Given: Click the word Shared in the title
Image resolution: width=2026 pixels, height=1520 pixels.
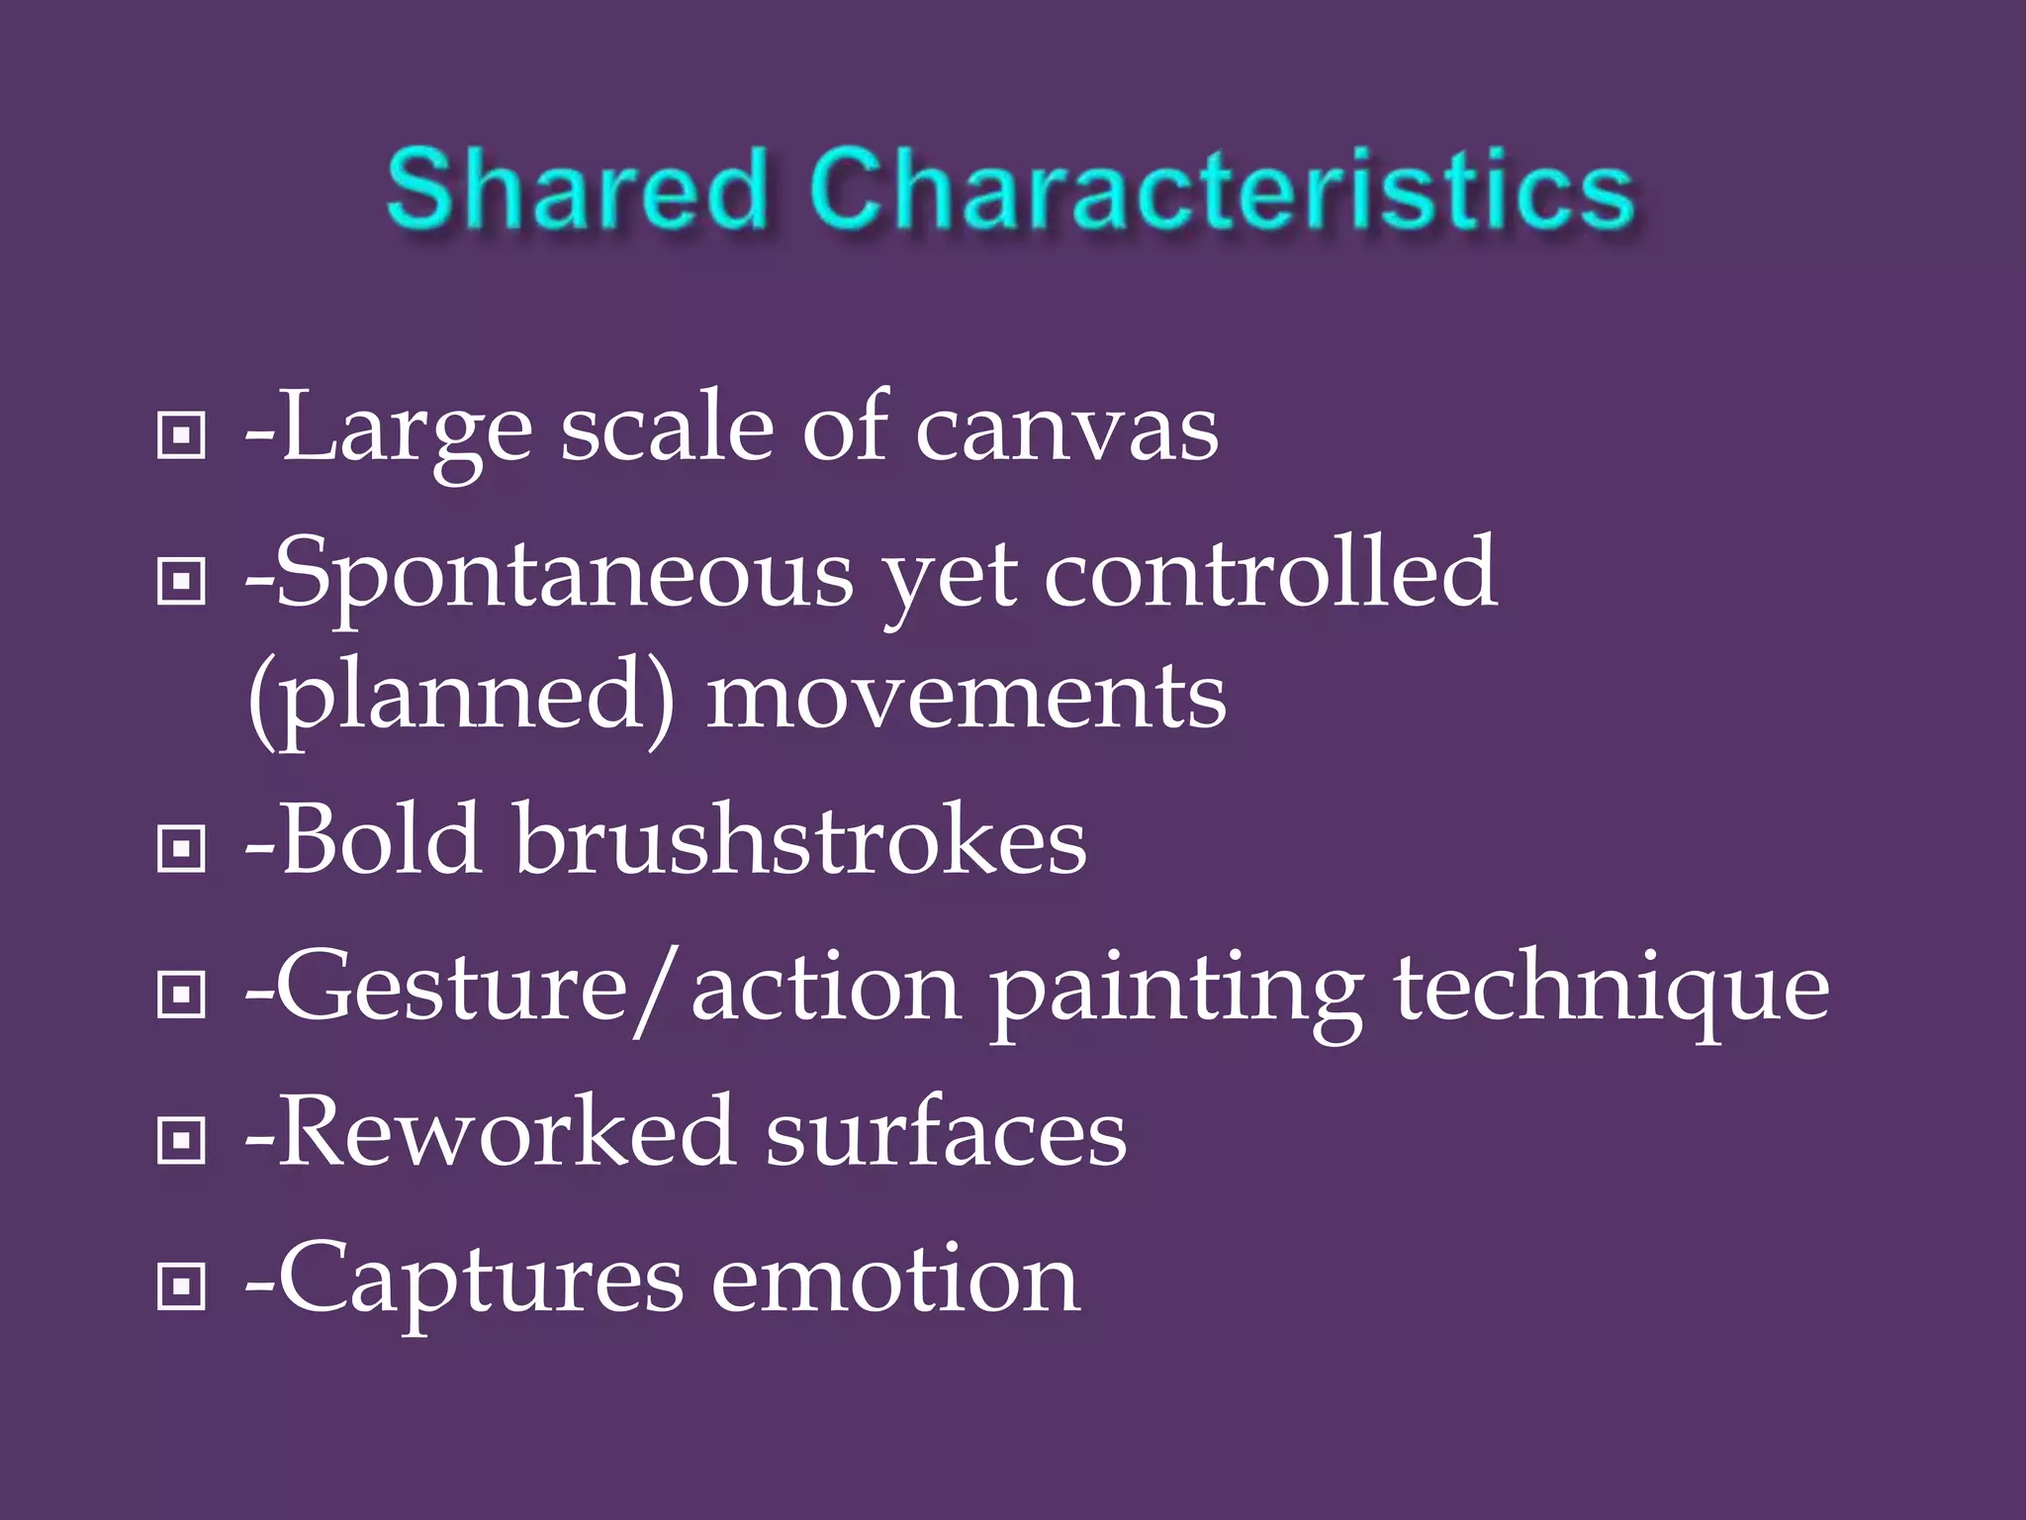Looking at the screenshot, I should (x=578, y=189).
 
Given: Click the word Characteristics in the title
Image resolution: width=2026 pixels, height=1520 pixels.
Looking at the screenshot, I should (x=1221, y=189).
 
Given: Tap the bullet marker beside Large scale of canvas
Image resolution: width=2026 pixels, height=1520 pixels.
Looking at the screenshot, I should (x=181, y=434).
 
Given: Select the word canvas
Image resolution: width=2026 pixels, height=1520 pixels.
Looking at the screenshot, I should (x=1066, y=431).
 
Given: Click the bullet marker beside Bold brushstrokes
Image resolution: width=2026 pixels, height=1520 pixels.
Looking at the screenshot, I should (x=181, y=848).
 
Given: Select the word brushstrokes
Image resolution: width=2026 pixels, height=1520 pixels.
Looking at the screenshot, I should (x=800, y=841).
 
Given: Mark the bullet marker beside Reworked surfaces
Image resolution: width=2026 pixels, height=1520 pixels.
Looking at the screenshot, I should (x=181, y=1141).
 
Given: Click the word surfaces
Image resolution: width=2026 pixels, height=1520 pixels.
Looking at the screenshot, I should (x=946, y=1134).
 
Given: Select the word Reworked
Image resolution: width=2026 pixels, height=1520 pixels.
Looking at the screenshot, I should (x=506, y=1134).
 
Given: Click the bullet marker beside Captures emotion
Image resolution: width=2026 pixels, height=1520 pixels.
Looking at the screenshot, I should (x=181, y=1285).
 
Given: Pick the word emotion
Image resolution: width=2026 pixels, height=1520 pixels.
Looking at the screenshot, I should (x=895, y=1281).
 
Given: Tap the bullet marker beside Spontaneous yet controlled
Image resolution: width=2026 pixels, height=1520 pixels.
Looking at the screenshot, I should (x=181, y=581).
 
